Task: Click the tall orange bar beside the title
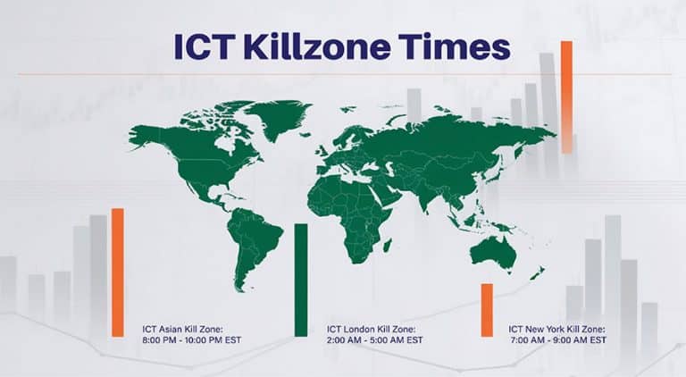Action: pos(566,96)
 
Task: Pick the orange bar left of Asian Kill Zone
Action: pos(118,272)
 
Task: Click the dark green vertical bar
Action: pos(301,280)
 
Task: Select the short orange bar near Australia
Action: pos(487,309)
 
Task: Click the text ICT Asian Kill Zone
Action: pos(186,329)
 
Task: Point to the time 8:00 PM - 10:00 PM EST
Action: pos(192,340)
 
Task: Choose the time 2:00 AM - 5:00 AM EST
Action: pos(375,340)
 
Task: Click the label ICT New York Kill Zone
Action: pos(558,329)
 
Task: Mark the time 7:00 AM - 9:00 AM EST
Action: pos(557,340)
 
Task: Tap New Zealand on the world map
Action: pos(537,272)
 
